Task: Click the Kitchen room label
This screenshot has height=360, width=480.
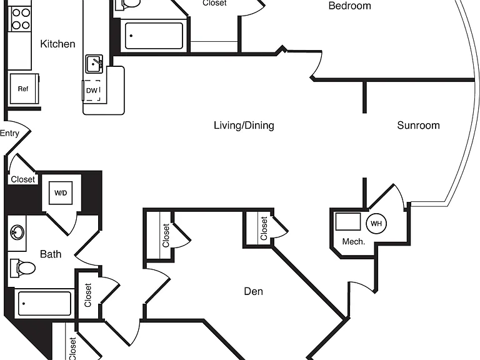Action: click(x=57, y=44)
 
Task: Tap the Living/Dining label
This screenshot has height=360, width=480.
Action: click(x=244, y=125)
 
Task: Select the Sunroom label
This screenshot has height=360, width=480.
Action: click(x=419, y=125)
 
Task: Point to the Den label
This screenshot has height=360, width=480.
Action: click(x=254, y=291)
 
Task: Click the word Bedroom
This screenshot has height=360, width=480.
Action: click(x=349, y=6)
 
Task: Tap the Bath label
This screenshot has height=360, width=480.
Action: click(x=51, y=254)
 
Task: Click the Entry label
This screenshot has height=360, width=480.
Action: click(x=9, y=133)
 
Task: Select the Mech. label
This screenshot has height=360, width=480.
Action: click(x=354, y=241)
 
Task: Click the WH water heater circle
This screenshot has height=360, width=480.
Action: click(x=376, y=224)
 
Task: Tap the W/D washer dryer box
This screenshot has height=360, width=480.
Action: click(x=61, y=193)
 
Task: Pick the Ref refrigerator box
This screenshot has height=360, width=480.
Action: click(x=24, y=89)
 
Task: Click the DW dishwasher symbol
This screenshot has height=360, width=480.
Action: click(x=91, y=90)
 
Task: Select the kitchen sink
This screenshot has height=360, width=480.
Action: click(x=94, y=64)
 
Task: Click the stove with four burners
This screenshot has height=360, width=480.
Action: click(x=21, y=19)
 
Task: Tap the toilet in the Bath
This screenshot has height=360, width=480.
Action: click(x=23, y=268)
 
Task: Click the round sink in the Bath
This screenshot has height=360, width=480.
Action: click(x=17, y=232)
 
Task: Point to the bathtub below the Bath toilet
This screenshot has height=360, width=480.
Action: click(x=45, y=303)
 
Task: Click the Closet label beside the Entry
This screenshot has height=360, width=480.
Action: click(x=23, y=179)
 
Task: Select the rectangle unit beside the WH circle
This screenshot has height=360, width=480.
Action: click(x=347, y=221)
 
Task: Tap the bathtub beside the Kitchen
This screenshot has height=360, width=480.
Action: click(x=154, y=36)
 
